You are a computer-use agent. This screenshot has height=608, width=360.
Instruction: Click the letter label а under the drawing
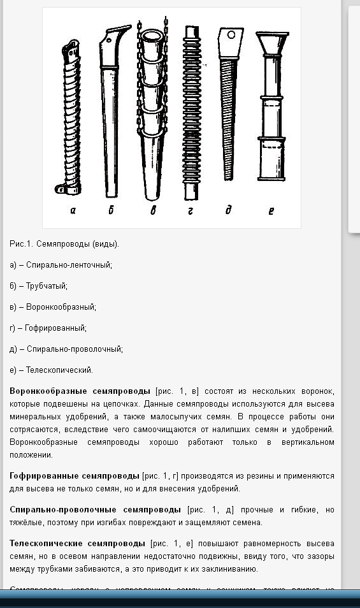coord(73,210)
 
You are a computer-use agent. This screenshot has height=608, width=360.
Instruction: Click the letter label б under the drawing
coord(111,210)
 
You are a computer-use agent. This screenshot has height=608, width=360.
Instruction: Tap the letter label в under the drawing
coord(153,210)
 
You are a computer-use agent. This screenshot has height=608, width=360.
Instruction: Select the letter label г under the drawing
coord(191,210)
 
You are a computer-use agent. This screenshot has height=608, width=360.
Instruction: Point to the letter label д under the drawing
coord(228,210)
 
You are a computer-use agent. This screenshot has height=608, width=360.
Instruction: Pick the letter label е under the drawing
coord(271,210)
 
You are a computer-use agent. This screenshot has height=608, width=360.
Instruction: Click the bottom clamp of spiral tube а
coord(62,189)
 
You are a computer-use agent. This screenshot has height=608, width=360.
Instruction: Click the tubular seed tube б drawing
coord(111,115)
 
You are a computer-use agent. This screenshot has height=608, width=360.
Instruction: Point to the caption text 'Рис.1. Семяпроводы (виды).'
coord(64,244)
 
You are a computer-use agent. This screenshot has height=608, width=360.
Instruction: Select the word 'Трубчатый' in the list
coord(47,286)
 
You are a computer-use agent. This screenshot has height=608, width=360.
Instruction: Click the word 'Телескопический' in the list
coord(59,370)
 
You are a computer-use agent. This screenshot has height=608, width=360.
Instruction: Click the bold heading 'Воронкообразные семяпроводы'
coord(80,391)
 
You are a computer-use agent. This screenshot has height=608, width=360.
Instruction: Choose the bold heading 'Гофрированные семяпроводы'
coord(75,476)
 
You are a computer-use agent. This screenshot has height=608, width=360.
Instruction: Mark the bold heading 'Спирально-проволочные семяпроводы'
coord(96,510)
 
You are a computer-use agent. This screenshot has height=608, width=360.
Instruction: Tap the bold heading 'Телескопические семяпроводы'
coord(77,544)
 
